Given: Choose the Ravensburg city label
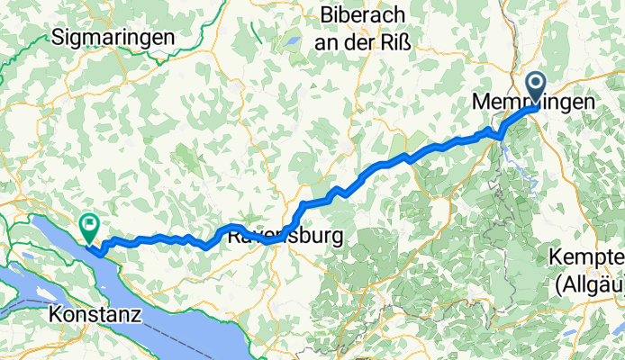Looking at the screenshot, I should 285,238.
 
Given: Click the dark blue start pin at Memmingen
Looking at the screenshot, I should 536,88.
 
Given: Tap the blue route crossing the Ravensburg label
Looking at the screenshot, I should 270,240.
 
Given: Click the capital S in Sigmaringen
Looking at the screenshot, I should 59,37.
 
